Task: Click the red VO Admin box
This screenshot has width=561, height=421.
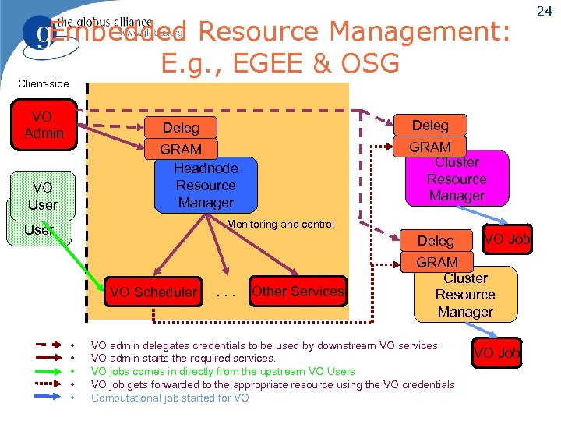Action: coord(43,124)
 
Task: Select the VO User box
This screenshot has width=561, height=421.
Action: coord(43,196)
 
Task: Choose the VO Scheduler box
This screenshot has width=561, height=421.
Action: coord(153,292)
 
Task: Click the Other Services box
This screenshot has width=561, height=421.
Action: coord(297,292)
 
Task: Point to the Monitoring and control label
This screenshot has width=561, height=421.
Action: coord(280,225)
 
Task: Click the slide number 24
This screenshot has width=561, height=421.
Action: coord(545,10)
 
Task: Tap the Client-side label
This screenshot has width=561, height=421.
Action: coord(44,83)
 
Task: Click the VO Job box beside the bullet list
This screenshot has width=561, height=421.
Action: coord(496,353)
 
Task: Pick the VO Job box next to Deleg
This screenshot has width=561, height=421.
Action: coord(507,239)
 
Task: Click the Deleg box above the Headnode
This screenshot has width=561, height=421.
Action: coord(181,128)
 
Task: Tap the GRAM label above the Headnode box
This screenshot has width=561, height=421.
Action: coord(181,149)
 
